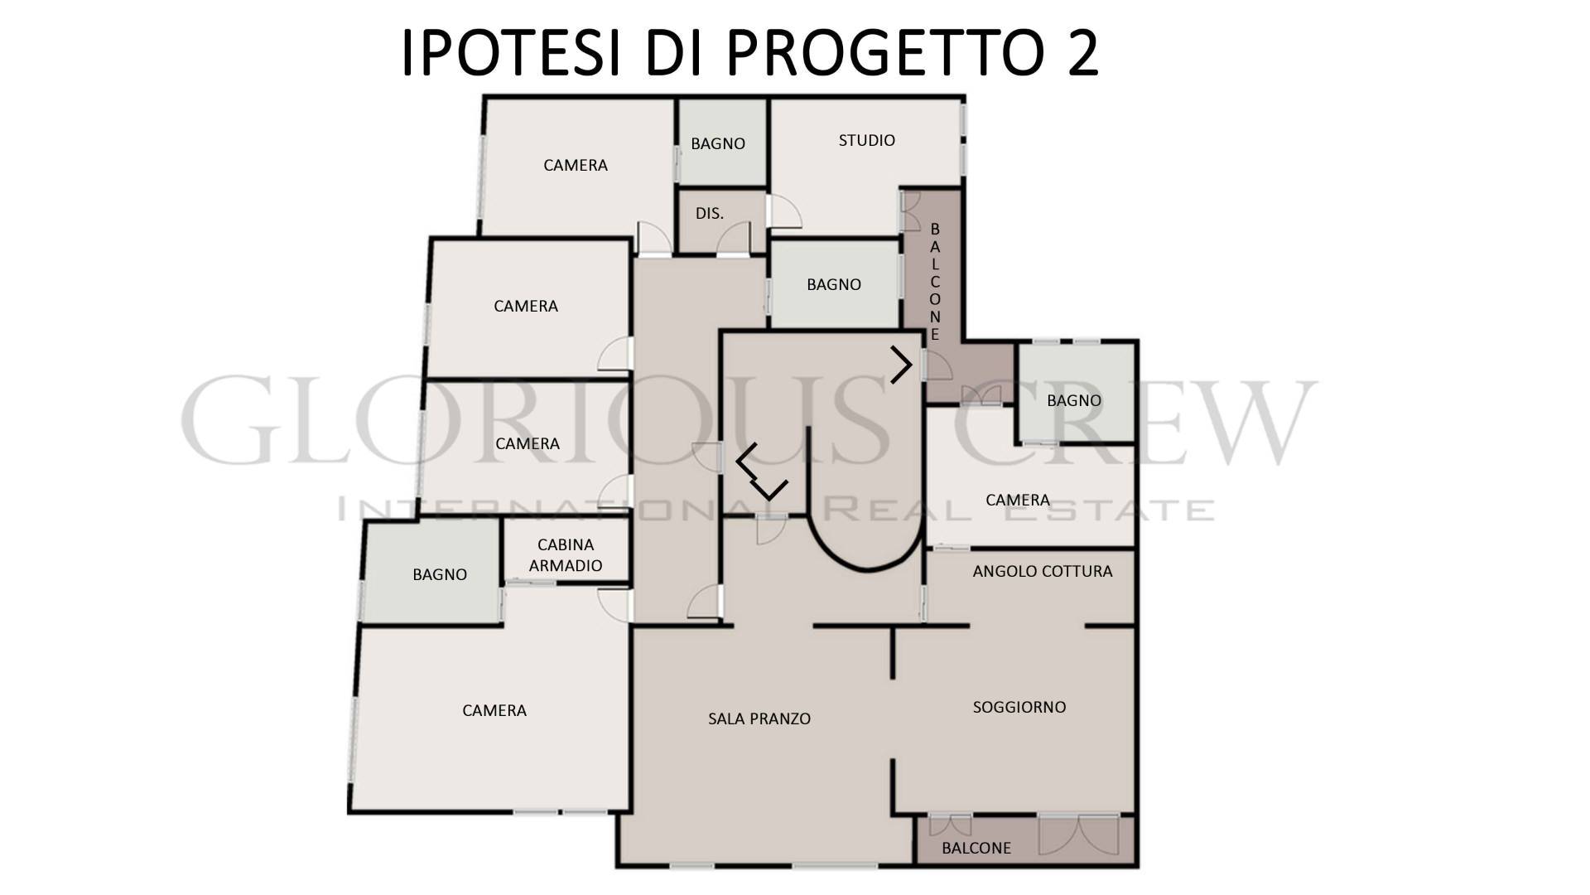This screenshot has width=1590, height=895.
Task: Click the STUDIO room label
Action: (866, 140)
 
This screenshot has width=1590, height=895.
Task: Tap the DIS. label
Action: (710, 213)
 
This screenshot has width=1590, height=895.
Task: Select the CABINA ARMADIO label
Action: (566, 555)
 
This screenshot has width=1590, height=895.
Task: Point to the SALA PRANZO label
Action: (759, 718)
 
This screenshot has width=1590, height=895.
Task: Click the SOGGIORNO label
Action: (1019, 707)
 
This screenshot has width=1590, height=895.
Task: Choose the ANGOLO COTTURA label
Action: (1043, 571)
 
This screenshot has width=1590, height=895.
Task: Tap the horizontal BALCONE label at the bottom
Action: (976, 848)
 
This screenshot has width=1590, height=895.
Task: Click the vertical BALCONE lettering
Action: (935, 282)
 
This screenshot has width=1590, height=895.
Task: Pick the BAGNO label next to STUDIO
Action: (718, 143)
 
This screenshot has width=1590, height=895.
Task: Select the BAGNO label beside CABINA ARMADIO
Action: (440, 574)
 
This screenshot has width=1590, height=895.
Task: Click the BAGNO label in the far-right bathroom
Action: (1074, 400)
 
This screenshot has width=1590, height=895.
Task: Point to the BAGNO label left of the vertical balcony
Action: (834, 284)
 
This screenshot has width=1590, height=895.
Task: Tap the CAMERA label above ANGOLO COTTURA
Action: (1018, 500)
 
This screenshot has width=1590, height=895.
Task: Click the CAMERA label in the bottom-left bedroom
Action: (494, 710)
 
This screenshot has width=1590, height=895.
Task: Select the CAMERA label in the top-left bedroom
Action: (576, 165)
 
